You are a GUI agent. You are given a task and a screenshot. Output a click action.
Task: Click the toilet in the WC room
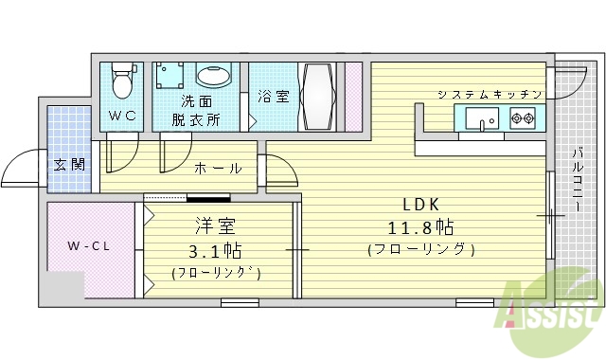(121, 81)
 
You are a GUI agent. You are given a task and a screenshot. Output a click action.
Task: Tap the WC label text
(120, 117)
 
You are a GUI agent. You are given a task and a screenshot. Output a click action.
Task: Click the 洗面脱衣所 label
(196, 110)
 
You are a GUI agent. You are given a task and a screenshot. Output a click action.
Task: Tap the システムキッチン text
(490, 94)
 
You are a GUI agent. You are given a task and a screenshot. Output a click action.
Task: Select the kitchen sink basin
(484, 119)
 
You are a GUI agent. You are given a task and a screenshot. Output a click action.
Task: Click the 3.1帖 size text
(216, 250)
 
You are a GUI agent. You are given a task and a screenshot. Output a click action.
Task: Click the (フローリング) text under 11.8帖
(419, 250)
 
